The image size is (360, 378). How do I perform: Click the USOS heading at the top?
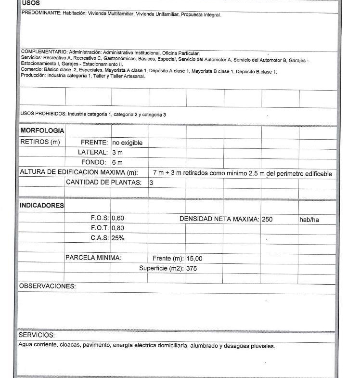(31, 3)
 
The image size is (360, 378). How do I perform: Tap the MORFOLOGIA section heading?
(42, 131)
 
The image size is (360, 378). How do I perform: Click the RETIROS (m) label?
(39, 142)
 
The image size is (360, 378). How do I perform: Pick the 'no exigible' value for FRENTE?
(127, 143)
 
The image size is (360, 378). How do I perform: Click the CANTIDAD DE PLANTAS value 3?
(151, 182)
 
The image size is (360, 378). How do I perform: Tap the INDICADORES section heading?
(41, 206)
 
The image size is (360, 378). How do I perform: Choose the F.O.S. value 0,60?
(118, 218)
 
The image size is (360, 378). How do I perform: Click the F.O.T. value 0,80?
(118, 228)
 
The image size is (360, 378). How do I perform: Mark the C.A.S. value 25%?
(118, 238)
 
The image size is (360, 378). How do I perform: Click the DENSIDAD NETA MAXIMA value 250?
(267, 219)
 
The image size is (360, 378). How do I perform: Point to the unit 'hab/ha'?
(309, 220)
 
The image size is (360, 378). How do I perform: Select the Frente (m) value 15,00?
(194, 259)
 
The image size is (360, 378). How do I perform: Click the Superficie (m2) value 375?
(192, 268)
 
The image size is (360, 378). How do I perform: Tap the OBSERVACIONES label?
(47, 287)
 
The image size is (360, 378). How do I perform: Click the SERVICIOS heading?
(37, 335)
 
